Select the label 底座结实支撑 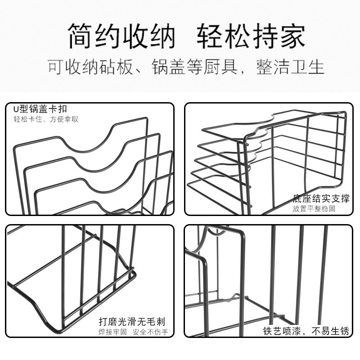point(321,198)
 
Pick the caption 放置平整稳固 point(321,209)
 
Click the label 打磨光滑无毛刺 point(132,322)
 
